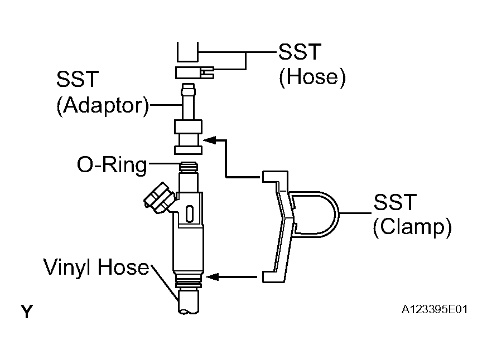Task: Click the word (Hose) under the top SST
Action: coord(312,77)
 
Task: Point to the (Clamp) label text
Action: coord(412,228)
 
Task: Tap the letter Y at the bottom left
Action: coord(26,312)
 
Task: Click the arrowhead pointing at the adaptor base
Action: coord(210,140)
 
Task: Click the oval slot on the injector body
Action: coord(190,213)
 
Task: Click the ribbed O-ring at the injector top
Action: coord(189,167)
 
